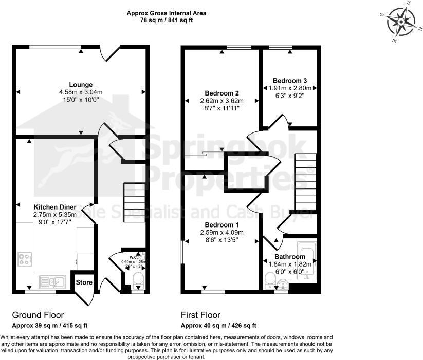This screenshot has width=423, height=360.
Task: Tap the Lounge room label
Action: pyautogui.click(x=81, y=85)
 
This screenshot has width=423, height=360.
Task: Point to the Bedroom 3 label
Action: pyautogui.click(x=290, y=81)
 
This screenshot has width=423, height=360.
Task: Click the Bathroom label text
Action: pyautogui.click(x=289, y=257)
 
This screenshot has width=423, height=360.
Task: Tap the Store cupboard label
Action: pyautogui.click(x=84, y=282)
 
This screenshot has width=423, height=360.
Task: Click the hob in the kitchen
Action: pyautogui.click(x=25, y=259)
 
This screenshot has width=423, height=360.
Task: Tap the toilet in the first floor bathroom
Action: pyautogui.click(x=270, y=280)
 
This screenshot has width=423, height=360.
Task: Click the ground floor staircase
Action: pyautogui.click(x=134, y=203)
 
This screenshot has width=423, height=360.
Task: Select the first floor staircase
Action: pyautogui.click(x=305, y=182)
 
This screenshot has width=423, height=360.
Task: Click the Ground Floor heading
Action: pyautogui.click(x=38, y=315)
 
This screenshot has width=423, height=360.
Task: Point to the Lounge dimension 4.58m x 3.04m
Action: pyautogui.click(x=81, y=92)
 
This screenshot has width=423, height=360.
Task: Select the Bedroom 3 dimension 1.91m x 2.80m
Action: pyautogui.click(x=290, y=88)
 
